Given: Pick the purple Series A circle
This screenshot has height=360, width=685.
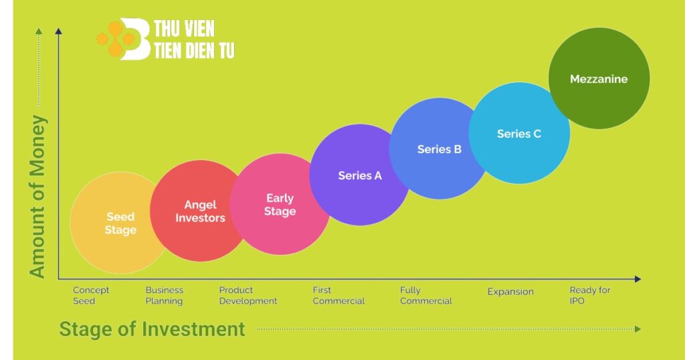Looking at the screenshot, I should coord(359,175).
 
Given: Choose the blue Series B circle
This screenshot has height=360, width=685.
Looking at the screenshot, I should coord(439,149).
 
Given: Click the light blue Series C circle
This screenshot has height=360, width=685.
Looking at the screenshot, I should coord(519,133).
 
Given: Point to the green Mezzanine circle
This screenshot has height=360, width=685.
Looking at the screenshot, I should coord(599,79).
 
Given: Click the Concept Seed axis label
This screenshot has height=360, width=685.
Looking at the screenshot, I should coord(91,295).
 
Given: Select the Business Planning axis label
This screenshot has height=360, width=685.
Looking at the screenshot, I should coord(165,295).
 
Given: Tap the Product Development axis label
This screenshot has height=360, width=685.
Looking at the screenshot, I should coord(248,295).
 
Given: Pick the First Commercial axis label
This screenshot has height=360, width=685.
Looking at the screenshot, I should coord(338,295).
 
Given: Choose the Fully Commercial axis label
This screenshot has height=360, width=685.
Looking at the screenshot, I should coord(426,295).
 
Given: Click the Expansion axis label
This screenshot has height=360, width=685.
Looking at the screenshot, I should coord(510,292).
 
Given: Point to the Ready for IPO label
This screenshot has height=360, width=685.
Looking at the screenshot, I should coord(589,295).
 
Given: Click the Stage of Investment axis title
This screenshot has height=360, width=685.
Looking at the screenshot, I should coord(152,329).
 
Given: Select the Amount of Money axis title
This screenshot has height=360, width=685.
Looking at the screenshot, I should coord(37,197).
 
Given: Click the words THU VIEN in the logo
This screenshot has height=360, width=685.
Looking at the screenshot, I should coord(184,29).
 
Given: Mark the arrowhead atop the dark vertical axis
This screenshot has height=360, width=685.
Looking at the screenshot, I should coord(59,31).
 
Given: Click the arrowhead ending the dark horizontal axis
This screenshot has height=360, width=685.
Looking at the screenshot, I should coord(638,278).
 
